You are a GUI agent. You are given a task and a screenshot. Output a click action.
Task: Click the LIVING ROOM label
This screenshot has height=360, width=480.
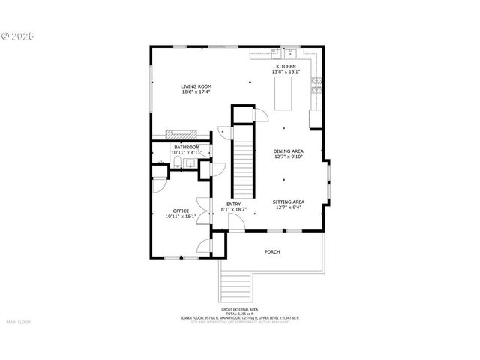[x=196, y=86]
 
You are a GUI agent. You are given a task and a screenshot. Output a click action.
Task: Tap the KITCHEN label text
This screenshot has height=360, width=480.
[x=286, y=67]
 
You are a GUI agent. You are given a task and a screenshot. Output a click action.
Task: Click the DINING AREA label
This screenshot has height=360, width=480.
[x=288, y=151]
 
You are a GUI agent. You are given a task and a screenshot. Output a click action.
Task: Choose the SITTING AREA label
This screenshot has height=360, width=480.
[x=288, y=202]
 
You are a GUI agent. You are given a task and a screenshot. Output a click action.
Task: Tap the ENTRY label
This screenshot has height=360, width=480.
[x=234, y=205]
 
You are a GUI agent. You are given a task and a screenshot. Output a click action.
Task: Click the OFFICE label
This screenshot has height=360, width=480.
[x=181, y=211]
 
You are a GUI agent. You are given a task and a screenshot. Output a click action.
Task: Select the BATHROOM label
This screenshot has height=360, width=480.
[x=187, y=147]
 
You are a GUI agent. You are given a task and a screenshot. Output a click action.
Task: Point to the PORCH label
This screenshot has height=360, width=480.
[x=272, y=251]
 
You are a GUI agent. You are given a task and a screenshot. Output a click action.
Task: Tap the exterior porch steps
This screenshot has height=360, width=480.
[x=236, y=286]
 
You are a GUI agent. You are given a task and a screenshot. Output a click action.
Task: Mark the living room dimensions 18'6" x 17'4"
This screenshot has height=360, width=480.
[x=196, y=92]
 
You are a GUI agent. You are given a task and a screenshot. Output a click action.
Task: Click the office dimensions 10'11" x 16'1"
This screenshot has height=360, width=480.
[x=181, y=217]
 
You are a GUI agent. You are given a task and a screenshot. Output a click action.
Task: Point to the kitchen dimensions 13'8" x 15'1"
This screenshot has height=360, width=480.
[x=286, y=72]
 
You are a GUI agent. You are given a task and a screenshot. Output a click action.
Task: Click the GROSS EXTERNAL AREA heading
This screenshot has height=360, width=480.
[x=239, y=309]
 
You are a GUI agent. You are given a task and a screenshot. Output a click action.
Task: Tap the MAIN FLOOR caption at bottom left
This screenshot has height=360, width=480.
[x=18, y=322]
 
